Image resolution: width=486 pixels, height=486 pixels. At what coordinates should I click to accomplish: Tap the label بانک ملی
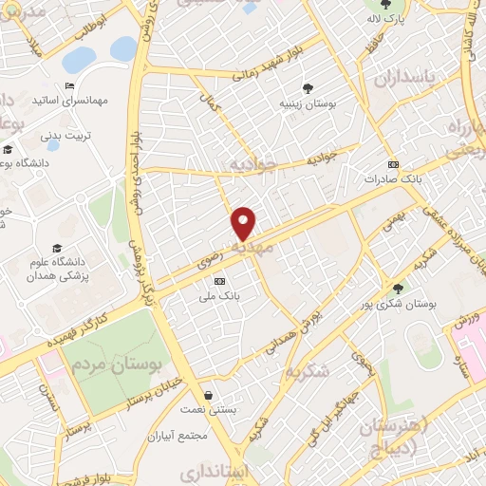tap(220, 295)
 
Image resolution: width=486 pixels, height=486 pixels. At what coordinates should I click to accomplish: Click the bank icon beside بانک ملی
tap(220, 281)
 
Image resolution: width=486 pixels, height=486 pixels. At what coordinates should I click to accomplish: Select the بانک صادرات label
tap(393, 178)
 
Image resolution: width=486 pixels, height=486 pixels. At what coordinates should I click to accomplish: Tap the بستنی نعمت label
tap(208, 409)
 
